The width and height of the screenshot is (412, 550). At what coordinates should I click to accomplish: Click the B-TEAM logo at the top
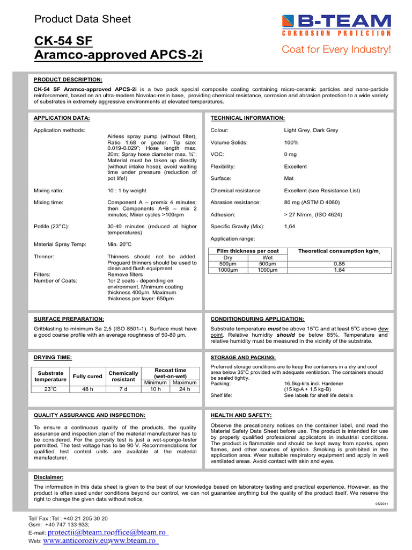pos(336,24)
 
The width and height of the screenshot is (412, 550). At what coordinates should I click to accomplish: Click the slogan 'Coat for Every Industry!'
pos(336,50)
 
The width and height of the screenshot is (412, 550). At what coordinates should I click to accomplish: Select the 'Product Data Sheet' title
pos(82,19)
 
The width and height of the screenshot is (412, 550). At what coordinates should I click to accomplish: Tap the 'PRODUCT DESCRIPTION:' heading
pos(68,79)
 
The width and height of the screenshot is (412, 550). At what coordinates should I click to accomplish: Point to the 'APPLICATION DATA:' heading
pos(62,118)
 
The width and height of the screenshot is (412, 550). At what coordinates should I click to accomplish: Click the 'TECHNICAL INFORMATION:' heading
pos(248,118)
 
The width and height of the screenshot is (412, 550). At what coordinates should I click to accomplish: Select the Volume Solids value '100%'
pos(291,142)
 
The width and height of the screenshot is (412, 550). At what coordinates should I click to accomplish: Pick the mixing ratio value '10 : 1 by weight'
pos(127,191)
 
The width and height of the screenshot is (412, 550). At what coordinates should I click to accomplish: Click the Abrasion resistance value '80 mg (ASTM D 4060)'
pos(312,202)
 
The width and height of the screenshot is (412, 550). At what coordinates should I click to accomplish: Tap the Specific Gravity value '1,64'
pos(290,227)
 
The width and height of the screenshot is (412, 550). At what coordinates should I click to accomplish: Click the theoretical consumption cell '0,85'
pos(339,264)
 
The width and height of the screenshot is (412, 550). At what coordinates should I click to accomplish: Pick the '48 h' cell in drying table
pos(87,389)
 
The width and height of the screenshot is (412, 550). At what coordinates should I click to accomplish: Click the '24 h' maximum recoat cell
pos(184,389)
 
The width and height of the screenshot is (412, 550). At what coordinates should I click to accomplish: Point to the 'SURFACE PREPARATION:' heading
pos(69,319)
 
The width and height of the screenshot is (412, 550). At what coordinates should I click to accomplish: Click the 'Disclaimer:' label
pos(48,477)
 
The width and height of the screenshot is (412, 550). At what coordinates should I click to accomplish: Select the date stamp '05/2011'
pos(381,504)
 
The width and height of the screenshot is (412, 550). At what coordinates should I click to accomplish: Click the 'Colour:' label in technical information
pos(220,131)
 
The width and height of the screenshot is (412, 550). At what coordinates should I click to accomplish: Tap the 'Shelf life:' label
pos(220,395)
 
